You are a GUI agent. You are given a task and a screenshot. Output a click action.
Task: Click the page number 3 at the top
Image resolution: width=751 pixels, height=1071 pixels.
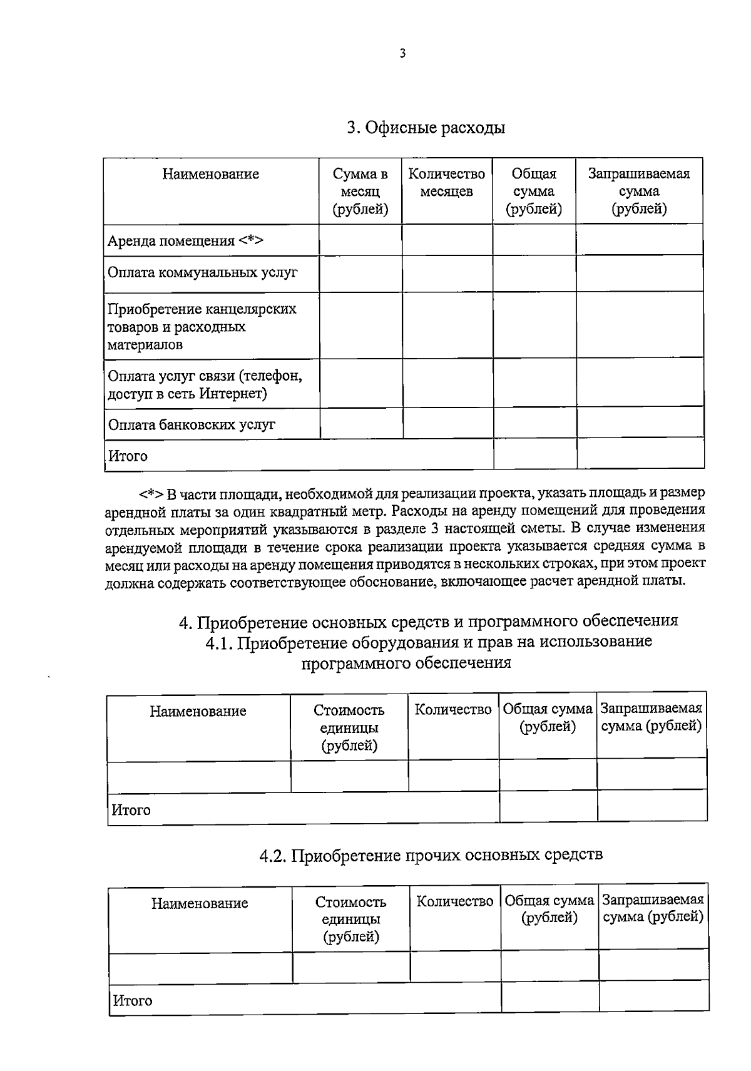coord(402,54)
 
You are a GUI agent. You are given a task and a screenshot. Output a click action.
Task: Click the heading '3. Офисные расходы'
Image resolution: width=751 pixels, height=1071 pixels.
coord(426,128)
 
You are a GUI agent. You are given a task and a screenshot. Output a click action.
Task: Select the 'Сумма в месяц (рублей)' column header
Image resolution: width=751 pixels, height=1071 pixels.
coord(360,192)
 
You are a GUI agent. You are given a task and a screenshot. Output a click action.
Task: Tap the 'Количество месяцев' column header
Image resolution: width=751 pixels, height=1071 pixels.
coord(447,183)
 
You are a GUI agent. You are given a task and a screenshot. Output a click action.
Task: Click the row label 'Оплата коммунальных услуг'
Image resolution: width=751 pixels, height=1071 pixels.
coord(202,273)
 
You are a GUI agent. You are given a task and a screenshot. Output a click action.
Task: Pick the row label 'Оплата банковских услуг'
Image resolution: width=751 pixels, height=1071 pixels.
coord(192,425)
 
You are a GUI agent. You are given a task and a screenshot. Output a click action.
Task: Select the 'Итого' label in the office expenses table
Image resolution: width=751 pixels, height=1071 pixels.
coord(128,456)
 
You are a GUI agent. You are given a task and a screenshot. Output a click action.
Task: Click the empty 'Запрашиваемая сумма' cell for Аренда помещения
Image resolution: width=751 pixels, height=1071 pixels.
coord(639,240)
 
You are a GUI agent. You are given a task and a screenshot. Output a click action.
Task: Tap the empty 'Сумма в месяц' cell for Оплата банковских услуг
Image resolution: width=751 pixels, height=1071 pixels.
coord(361,424)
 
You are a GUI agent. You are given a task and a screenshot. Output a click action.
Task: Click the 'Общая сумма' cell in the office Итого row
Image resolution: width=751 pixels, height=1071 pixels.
coord(534,454)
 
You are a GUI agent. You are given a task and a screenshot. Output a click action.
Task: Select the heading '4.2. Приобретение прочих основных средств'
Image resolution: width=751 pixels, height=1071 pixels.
coord(431,855)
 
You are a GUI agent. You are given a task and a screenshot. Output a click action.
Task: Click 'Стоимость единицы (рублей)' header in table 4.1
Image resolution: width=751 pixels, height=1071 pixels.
coord(349,728)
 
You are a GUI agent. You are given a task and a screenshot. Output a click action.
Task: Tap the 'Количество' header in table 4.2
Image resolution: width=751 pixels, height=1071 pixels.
coord(455,901)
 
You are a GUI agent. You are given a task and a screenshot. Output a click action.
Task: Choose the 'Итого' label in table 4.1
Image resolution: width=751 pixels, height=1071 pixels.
coord(131,811)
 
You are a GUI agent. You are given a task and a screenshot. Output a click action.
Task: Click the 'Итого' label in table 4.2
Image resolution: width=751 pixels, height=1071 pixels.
coord(133,1001)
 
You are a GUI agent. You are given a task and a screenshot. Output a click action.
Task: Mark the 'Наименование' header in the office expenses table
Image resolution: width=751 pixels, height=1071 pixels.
coord(211,174)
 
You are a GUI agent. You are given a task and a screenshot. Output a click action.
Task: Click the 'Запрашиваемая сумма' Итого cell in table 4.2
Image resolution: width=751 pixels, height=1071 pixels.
coord(654,996)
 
